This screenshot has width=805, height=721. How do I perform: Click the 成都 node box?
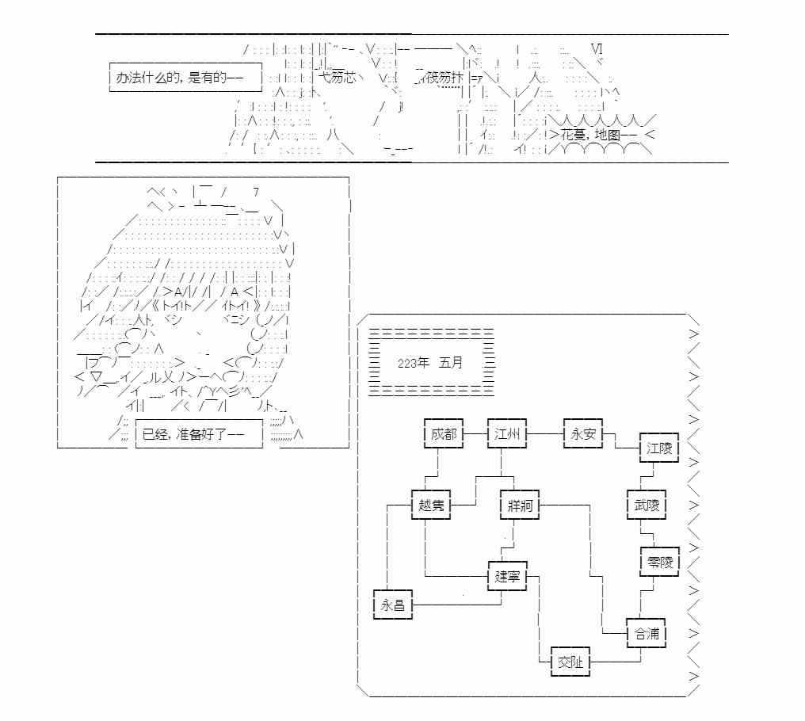click(x=443, y=433)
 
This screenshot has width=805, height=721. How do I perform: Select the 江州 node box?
click(x=506, y=433)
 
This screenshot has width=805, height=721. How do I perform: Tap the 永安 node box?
click(x=582, y=433)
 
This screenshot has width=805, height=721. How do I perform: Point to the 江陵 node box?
click(x=658, y=448)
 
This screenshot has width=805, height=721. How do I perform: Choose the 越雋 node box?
click(x=432, y=505)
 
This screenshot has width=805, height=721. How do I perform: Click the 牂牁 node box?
click(x=519, y=505)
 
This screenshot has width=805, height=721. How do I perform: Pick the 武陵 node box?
click(x=646, y=505)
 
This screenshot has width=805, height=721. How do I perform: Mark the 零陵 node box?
click(x=658, y=562)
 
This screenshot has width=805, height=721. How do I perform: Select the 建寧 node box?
click(x=506, y=576)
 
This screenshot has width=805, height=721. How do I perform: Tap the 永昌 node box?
click(x=392, y=605)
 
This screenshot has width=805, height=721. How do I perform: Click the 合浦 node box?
click(x=646, y=633)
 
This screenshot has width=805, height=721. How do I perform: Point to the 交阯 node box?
click(x=570, y=662)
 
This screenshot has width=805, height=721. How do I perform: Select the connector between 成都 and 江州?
click(x=475, y=433)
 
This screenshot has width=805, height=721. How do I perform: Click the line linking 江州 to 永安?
click(x=544, y=433)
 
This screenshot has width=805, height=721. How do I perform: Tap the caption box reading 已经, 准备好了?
click(x=198, y=434)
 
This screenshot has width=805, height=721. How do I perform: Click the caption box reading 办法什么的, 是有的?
click(x=185, y=78)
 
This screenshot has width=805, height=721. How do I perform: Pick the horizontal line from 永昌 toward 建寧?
click(x=456, y=605)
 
